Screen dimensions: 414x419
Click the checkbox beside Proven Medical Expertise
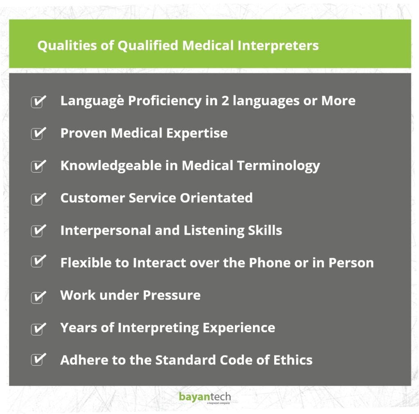click(38, 134)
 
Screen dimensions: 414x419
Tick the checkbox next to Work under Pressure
click(38, 296)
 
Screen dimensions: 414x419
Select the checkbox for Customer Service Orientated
click(38, 199)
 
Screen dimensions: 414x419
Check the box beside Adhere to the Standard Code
click(38, 360)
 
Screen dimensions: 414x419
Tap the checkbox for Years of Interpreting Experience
click(38, 328)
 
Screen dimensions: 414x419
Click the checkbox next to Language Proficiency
click(38, 101)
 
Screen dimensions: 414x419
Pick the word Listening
click(214, 230)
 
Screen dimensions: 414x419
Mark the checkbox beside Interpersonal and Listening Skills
click(38, 231)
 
